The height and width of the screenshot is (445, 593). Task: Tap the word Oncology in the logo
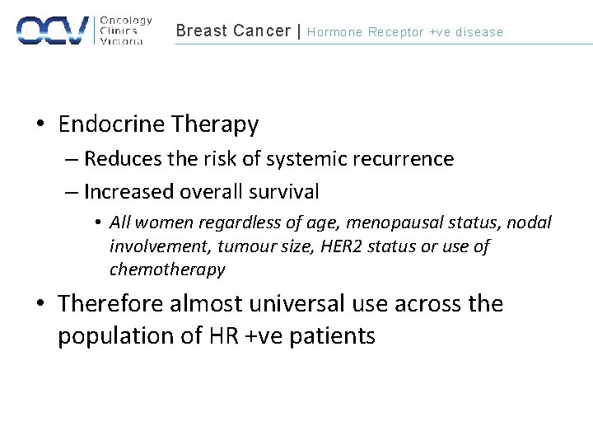(125, 21)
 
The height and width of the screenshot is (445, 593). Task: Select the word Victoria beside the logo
(121, 41)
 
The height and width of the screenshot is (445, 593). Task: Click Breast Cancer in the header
(233, 31)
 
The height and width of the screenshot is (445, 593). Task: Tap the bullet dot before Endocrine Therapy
(40, 125)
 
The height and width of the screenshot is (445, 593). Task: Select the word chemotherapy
(167, 269)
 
